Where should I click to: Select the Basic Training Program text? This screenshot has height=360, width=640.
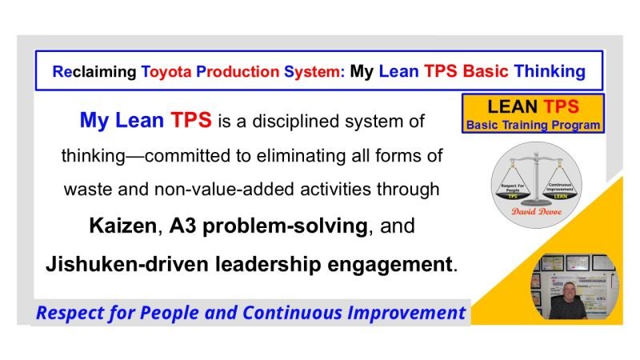(533, 125)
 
